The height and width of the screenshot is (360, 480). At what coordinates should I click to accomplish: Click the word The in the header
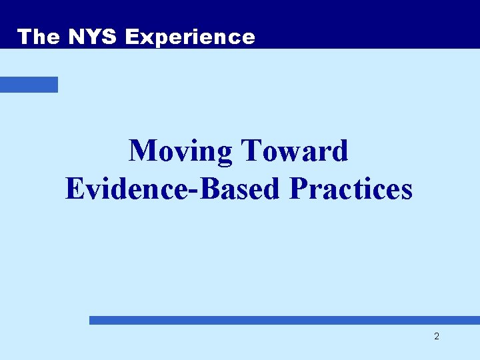tap(39, 37)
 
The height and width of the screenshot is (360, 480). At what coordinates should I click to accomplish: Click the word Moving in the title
tap(181, 151)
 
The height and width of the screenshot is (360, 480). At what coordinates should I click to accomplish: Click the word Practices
tap(351, 189)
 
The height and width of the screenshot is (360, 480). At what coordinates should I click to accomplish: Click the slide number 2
tap(437, 337)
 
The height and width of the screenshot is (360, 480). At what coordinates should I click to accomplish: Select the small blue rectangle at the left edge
tap(29, 85)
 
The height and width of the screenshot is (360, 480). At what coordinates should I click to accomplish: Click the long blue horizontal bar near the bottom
tap(284, 320)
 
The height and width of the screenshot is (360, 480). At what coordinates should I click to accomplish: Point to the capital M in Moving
tap(143, 151)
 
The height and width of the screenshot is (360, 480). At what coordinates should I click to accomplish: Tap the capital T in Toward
tap(251, 151)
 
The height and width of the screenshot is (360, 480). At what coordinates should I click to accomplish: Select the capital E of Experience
tap(132, 37)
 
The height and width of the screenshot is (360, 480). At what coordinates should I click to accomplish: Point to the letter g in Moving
tap(224, 155)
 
